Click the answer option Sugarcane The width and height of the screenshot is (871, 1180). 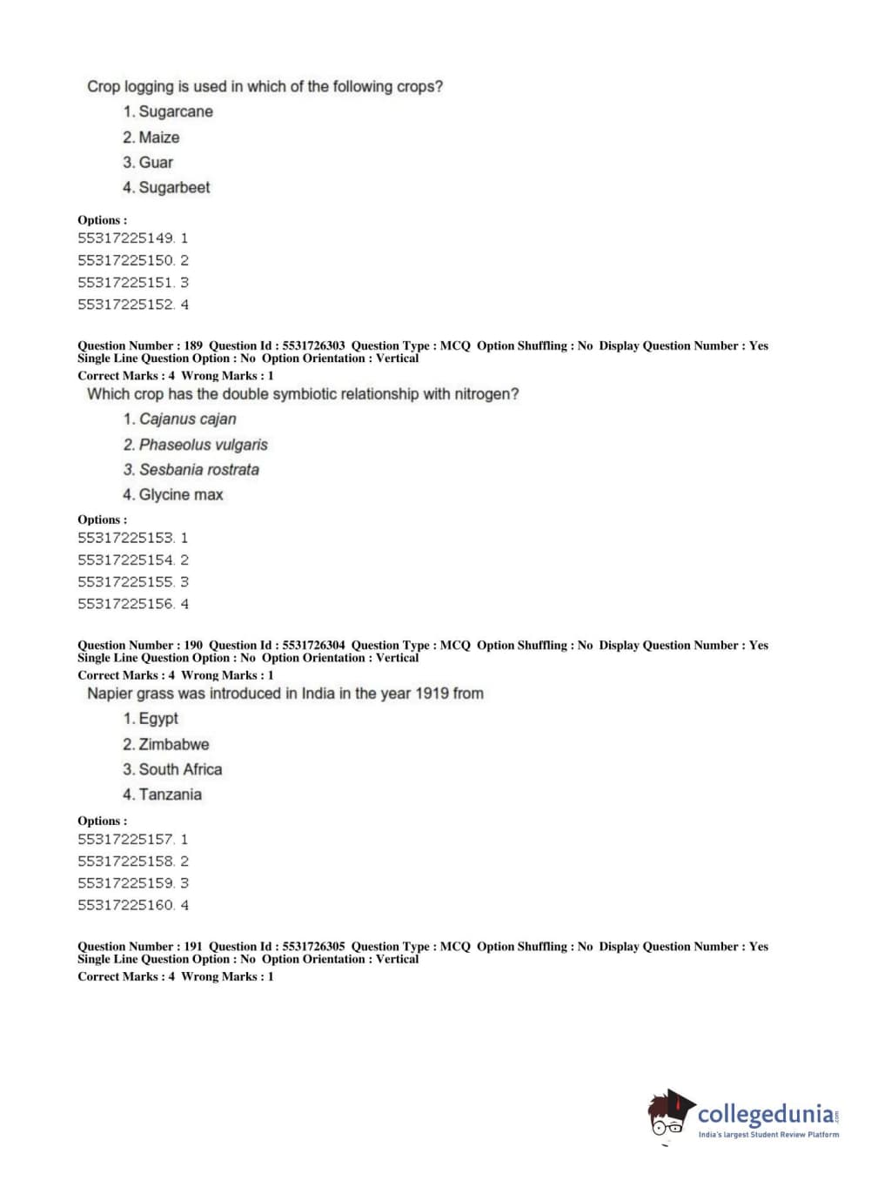175,111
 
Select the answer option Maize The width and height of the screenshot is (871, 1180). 158,137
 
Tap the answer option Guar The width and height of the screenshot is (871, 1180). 156,163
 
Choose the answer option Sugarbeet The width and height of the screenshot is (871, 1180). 174,188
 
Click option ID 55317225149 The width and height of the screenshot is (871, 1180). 126,238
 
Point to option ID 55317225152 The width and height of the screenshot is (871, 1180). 126,305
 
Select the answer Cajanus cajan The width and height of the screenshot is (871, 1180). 187,419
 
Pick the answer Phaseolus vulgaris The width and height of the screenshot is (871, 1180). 203,445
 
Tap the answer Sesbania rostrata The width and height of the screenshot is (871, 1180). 198,470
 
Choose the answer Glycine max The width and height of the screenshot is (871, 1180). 181,495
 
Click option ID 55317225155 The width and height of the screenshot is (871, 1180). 126,582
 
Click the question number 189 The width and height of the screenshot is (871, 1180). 193,345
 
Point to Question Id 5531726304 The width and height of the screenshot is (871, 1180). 313,645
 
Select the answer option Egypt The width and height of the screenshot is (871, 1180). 158,719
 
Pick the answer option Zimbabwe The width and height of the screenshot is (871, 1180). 174,745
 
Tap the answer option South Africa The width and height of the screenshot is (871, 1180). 180,770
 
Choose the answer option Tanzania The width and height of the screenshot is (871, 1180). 170,795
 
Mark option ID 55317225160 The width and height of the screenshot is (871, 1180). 126,905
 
